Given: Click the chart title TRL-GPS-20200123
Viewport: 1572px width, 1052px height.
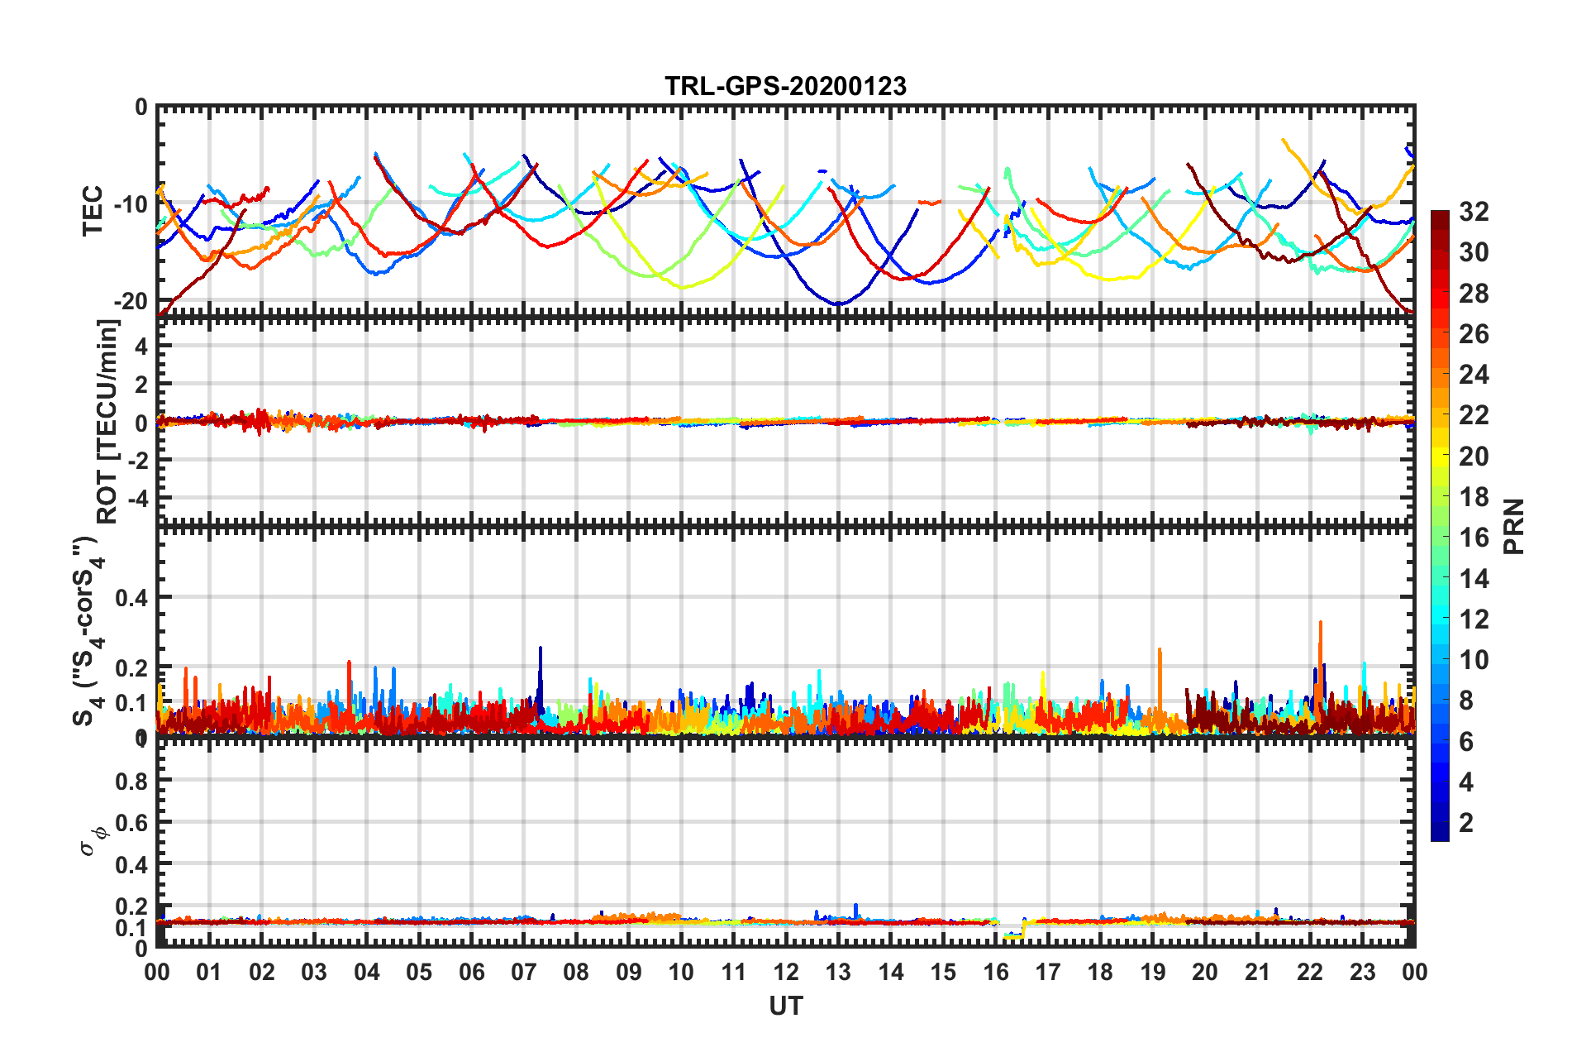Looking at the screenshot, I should point(785,86).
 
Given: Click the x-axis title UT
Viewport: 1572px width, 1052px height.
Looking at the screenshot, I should point(785,1006).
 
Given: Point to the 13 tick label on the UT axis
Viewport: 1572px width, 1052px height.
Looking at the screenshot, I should point(838,973).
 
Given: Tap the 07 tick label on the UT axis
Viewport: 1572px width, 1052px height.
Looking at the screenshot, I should point(524,973).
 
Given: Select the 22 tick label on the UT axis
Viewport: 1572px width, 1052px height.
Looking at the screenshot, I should point(1310,973).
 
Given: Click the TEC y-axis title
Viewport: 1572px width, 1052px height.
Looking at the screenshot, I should point(93,210).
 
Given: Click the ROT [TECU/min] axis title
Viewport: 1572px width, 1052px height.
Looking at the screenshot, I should point(107,422).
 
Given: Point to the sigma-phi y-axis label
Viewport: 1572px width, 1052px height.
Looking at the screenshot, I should point(93,839).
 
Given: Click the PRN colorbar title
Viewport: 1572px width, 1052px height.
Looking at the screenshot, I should point(1514,526).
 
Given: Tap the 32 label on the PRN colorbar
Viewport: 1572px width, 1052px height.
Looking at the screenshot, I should point(1474,212).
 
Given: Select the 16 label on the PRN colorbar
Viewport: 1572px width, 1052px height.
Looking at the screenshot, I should point(1474,538).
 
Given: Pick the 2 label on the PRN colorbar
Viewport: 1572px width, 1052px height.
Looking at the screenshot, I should point(1466,822).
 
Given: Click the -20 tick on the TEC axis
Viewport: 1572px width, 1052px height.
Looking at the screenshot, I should point(130,301).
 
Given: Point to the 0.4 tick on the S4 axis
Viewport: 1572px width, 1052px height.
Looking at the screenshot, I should point(131,597).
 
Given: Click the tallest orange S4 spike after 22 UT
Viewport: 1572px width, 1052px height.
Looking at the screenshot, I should point(1321,624).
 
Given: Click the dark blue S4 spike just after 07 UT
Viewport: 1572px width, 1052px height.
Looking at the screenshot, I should point(541,650).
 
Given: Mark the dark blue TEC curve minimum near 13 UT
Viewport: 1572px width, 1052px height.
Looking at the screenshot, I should point(838,304).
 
